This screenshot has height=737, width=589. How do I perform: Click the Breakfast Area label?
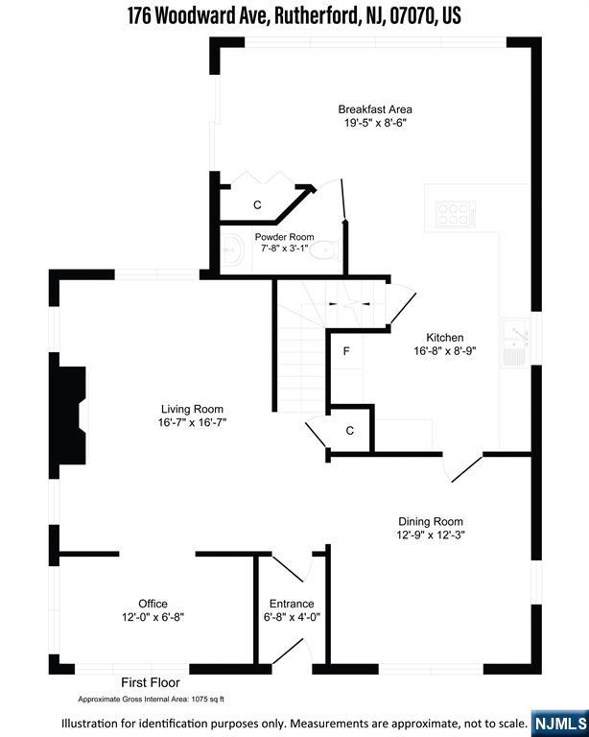[x=375, y=109]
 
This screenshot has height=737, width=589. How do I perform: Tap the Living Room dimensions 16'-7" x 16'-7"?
[x=192, y=422]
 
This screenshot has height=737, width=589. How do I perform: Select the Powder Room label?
[x=284, y=237]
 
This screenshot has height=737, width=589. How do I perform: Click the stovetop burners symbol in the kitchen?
[x=455, y=214]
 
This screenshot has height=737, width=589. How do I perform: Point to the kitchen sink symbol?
[x=516, y=343]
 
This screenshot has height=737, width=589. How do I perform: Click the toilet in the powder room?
[x=326, y=250]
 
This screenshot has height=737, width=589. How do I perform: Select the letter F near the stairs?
[x=346, y=351]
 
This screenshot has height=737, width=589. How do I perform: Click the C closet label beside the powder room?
[x=257, y=205]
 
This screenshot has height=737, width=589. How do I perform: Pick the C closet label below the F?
[x=349, y=431]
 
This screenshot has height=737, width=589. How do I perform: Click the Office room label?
[x=153, y=604]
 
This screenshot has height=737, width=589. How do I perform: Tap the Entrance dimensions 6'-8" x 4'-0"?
[x=292, y=617]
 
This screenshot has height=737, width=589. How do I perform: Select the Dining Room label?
[x=431, y=521]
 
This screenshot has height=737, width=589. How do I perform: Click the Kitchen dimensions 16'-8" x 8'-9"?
[x=445, y=351]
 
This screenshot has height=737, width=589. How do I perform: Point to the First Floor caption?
[x=151, y=682]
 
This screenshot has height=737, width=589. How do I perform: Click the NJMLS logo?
[x=560, y=724]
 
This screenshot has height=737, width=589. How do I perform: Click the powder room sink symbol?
[x=233, y=250]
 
